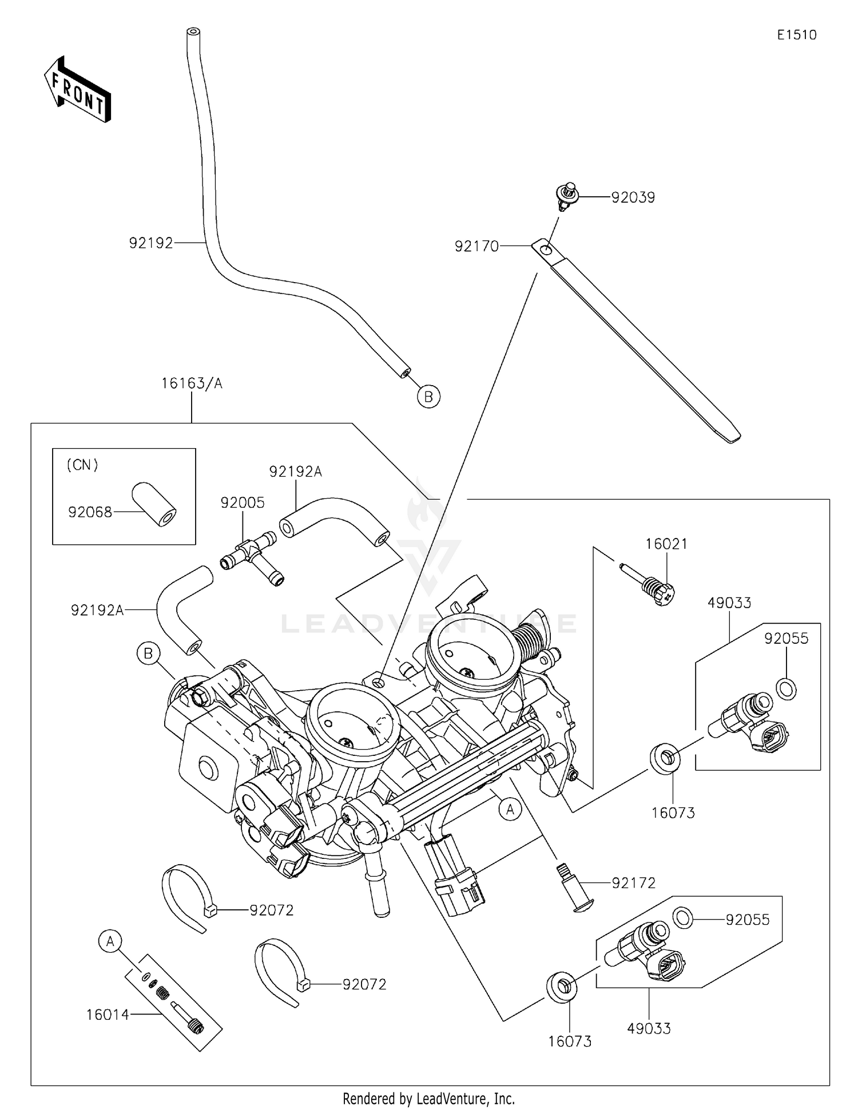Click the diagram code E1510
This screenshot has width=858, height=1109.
(x=796, y=35)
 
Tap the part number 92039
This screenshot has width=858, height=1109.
(x=633, y=197)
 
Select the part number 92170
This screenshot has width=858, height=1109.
(x=476, y=247)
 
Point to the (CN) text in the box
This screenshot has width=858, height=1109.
(x=82, y=465)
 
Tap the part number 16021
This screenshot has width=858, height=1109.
(x=666, y=544)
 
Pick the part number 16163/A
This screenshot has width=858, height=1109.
(x=192, y=383)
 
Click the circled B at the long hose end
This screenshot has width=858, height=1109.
(x=428, y=396)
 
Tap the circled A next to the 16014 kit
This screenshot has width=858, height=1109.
(x=110, y=941)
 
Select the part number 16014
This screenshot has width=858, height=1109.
(x=108, y=1015)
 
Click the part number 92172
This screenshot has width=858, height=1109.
(x=633, y=883)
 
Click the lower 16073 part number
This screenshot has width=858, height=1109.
(x=570, y=1041)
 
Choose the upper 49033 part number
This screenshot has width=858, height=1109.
(x=729, y=603)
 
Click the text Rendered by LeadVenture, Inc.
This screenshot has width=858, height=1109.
(x=428, y=1099)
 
